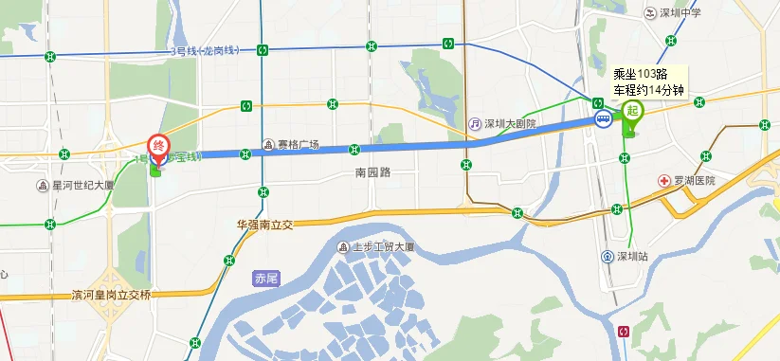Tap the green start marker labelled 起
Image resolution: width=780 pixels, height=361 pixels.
(x=630, y=110)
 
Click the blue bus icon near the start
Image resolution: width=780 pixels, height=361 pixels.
(x=602, y=119)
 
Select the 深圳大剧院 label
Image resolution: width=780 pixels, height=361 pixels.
(x=510, y=123)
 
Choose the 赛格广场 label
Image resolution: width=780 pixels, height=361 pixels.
(x=298, y=145)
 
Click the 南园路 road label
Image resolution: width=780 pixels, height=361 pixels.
(x=372, y=173)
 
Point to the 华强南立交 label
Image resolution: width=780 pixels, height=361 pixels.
(x=266, y=226)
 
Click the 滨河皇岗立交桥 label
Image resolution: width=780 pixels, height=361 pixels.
(x=111, y=295)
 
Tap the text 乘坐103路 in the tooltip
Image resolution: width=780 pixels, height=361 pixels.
(x=641, y=74)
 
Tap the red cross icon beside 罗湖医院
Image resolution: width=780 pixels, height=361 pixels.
(x=664, y=180)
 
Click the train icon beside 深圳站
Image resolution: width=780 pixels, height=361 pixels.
(x=607, y=256)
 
